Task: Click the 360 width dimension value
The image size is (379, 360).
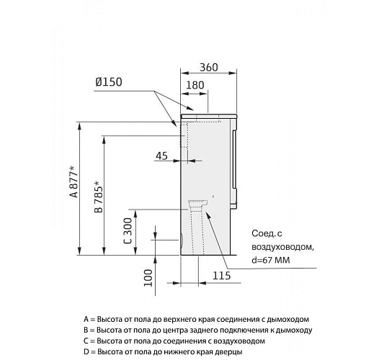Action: (x=209, y=67)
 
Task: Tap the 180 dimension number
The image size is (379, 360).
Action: (x=195, y=85)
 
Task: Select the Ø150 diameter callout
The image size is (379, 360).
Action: (x=109, y=82)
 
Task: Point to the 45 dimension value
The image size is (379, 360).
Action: (x=161, y=156)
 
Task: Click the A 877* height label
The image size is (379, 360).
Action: (x=74, y=181)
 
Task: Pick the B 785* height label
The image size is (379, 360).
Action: (x=99, y=197)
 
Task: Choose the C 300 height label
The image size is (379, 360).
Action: (x=128, y=230)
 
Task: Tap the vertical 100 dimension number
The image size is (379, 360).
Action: (x=148, y=278)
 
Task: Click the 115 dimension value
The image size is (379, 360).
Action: (x=222, y=276)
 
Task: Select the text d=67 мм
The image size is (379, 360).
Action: (x=271, y=260)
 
